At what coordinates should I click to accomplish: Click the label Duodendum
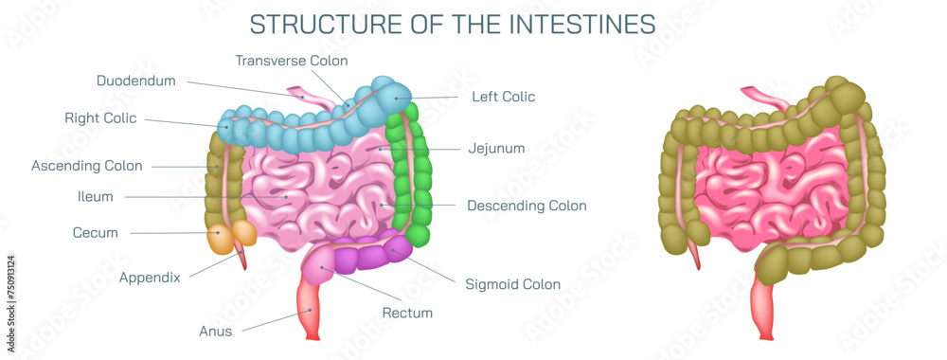coord(136,81)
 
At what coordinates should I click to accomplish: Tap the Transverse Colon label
coord(292,61)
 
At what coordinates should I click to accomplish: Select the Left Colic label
coord(504,96)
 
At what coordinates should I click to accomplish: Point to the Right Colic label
coord(100,118)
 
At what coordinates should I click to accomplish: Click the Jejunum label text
coord(496,149)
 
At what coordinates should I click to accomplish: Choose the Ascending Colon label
coord(87,166)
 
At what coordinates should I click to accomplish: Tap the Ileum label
coord(96,197)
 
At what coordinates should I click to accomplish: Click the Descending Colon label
coord(527,206)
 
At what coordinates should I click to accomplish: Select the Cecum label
coord(96,232)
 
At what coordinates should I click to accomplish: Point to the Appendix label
coord(150,278)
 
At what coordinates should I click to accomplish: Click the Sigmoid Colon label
coord(513,284)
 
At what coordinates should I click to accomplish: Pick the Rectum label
coord(407,313)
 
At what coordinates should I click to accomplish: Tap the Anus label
coord(215,332)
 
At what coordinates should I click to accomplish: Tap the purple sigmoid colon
coord(369,256)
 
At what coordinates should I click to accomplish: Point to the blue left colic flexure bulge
coord(390,93)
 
